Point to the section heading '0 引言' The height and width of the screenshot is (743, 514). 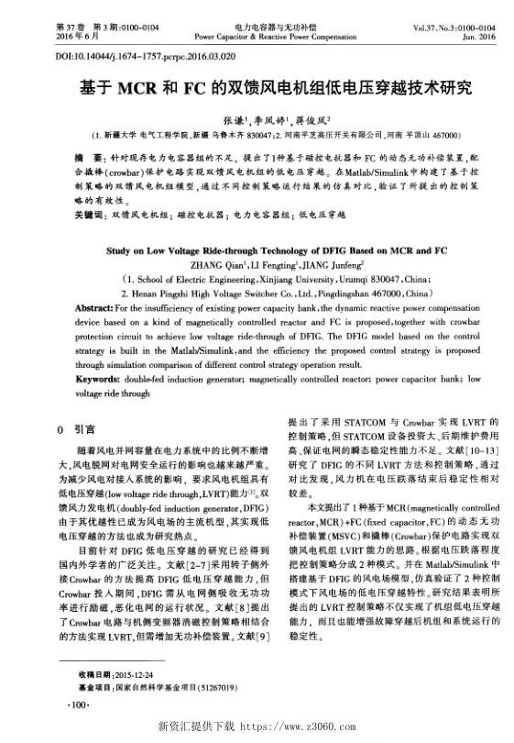tap(73, 428)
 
